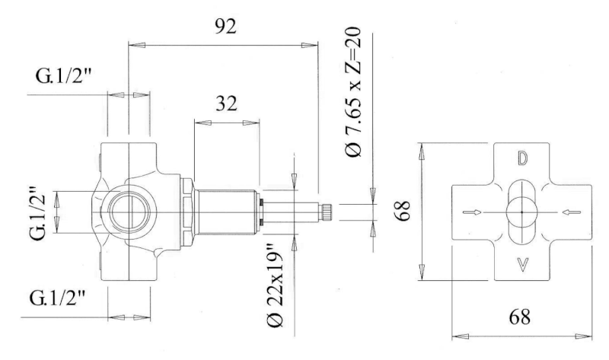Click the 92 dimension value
tap(225, 27)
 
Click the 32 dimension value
tap(226, 104)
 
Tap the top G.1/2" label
tap(63, 76)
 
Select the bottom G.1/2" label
tap(56, 298)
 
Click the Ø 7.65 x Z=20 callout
tap(353, 91)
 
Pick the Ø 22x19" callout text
tap(276, 285)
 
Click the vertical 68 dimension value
tap(404, 211)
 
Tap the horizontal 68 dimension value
tap(520, 317)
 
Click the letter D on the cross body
tap(522, 158)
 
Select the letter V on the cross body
tap(523, 265)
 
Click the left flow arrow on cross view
tap(472, 212)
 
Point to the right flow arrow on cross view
tap(572, 212)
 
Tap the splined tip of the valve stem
tap(326, 212)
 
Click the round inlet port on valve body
tap(129, 212)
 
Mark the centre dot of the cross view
tap(521, 212)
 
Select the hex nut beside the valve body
tap(187, 212)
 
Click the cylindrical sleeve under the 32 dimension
tap(225, 212)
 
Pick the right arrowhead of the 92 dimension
tap(310, 45)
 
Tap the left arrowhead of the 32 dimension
tap(202, 123)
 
